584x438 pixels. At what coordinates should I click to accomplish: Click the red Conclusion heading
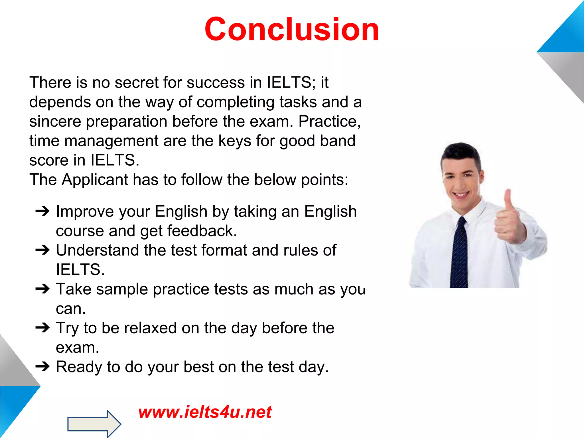(x=292, y=29)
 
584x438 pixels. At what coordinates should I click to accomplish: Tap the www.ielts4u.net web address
(x=205, y=412)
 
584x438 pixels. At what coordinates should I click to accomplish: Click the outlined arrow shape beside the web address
(x=94, y=424)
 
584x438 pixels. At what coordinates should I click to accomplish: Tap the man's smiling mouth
(x=461, y=195)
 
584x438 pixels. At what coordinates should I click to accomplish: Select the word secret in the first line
(x=136, y=83)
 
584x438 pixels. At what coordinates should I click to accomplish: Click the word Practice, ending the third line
(x=329, y=121)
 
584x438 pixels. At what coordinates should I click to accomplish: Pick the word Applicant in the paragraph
(x=95, y=180)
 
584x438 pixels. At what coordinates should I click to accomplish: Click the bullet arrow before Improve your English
(x=42, y=212)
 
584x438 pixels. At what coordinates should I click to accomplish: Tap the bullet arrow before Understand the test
(x=42, y=250)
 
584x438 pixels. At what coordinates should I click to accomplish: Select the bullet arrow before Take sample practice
(x=42, y=289)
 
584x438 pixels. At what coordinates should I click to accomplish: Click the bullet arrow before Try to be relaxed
(x=42, y=328)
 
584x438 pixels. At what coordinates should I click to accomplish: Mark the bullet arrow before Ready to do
(x=42, y=367)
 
